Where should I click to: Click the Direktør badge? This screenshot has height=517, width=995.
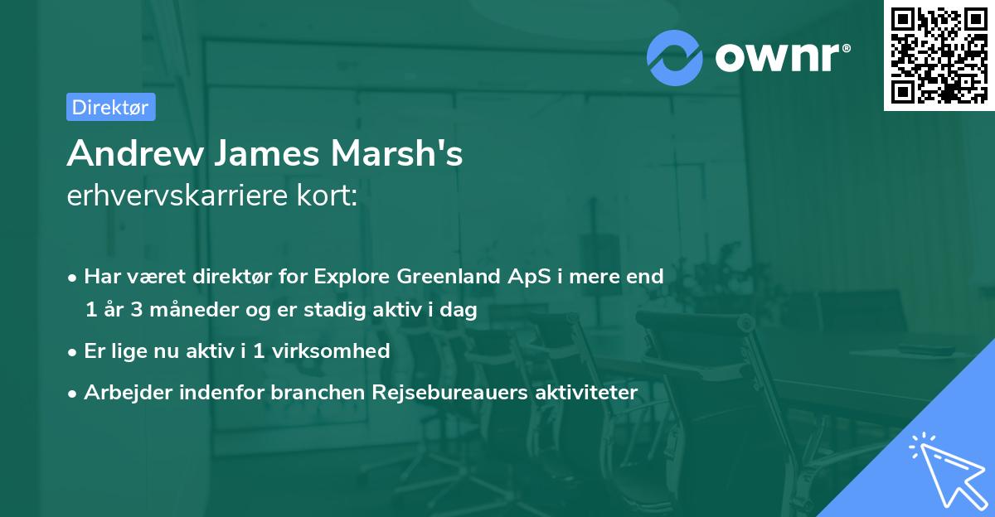(x=110, y=107)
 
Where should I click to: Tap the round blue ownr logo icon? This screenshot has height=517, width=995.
(x=675, y=57)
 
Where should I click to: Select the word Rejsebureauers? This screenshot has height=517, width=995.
(x=443, y=392)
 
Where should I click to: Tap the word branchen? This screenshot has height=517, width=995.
(x=310, y=392)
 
